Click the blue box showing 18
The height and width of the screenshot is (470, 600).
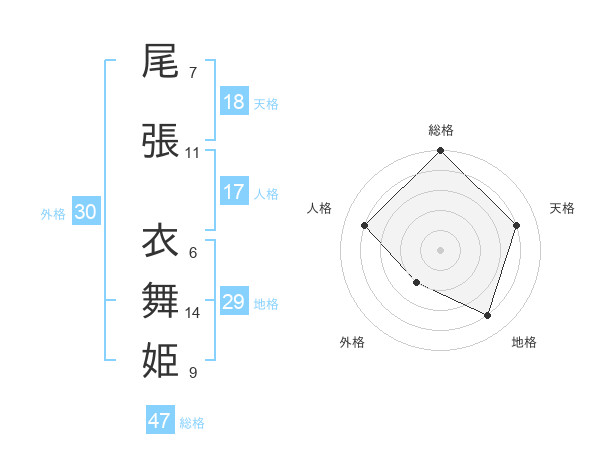234,102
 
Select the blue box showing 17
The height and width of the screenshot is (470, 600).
234,192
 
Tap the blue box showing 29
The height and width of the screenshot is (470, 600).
234,301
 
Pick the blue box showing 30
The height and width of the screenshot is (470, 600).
85,212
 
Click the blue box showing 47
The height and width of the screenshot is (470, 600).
160,421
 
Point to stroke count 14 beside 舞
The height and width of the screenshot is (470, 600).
193,313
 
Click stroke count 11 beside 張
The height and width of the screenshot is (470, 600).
193,153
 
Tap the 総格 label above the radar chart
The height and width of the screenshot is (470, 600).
441,130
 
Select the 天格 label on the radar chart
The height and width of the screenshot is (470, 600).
563,208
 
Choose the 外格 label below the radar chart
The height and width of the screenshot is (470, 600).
352,342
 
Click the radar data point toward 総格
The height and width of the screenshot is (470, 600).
440,152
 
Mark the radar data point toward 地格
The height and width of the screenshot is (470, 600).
487,315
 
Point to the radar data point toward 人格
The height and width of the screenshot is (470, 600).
365,226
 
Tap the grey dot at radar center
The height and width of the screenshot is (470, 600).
440,250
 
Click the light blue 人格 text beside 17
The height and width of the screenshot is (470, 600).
266,193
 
